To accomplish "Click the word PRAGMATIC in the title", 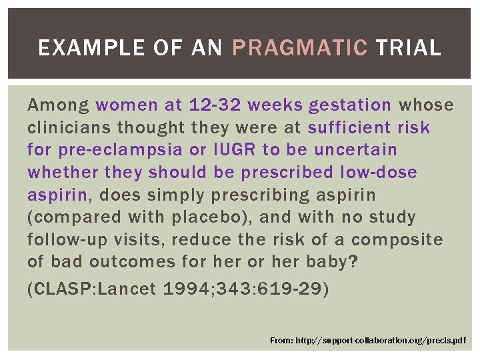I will pyautogui.click(x=299, y=48).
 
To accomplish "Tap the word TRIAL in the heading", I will pyautogui.click(x=407, y=48).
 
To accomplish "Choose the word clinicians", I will pyautogui.click(x=69, y=127).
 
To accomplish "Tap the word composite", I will pyautogui.click(x=397, y=240).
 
